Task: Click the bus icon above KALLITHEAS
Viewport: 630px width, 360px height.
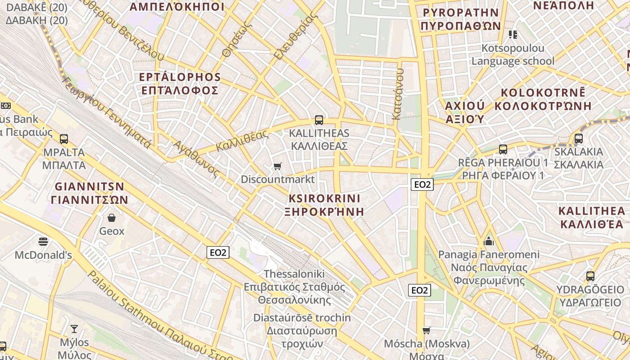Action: click(319, 120)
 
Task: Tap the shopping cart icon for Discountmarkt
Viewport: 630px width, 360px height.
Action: click(278, 166)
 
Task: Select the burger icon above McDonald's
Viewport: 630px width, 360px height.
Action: click(43, 242)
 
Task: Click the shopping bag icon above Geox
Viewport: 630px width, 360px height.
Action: click(112, 218)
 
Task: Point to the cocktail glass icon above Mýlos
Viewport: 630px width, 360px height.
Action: click(74, 329)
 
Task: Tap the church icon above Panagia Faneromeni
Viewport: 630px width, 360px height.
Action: click(489, 242)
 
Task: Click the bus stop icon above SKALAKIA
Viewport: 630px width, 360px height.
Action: click(579, 139)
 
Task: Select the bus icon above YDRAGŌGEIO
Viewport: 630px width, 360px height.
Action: click(590, 276)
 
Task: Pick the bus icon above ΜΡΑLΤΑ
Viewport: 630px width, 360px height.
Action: click(64, 139)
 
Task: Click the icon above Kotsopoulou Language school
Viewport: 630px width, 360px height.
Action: click(513, 35)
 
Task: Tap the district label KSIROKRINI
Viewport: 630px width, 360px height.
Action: click(324, 198)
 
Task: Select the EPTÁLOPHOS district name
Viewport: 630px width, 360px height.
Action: click(180, 77)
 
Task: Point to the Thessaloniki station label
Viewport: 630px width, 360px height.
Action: click(294, 274)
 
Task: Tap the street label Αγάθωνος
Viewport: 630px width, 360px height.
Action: click(197, 158)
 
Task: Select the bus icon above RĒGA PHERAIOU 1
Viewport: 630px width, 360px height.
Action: click(503, 149)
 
